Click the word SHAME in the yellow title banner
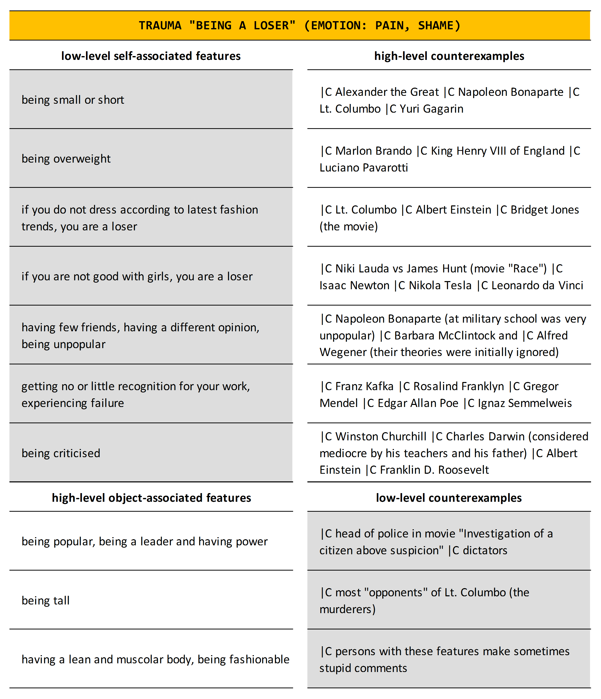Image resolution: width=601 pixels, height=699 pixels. click(435, 26)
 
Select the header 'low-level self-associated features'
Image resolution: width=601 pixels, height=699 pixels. click(151, 56)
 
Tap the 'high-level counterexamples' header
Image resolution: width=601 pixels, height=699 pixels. click(449, 56)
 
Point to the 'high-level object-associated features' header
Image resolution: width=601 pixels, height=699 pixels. click(151, 498)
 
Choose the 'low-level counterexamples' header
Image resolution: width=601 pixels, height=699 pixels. click(449, 498)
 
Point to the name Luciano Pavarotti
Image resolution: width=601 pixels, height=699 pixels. click(364, 168)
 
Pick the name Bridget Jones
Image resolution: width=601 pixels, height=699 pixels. click(544, 210)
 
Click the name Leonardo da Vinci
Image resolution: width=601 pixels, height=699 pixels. click(537, 285)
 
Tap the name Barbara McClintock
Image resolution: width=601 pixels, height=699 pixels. click(450, 336)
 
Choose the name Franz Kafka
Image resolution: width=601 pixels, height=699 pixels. click(364, 386)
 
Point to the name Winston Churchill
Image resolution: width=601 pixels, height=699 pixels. click(381, 437)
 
